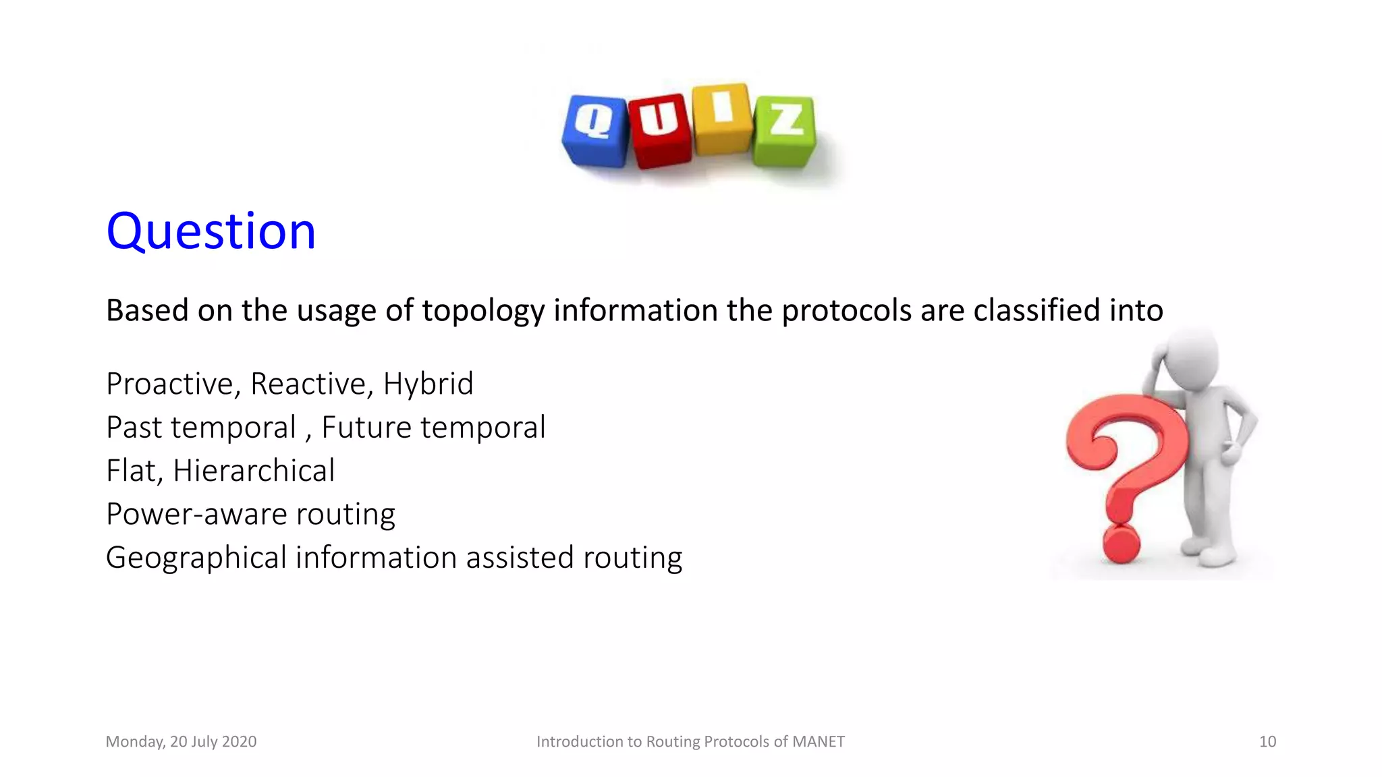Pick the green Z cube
tap(785, 131)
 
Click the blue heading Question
tap(211, 231)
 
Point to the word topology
tap(483, 311)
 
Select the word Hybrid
tap(428, 384)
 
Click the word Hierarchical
tap(254, 471)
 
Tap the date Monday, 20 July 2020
tap(181, 742)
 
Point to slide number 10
tap(1267, 742)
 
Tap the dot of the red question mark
tap(1121, 544)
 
